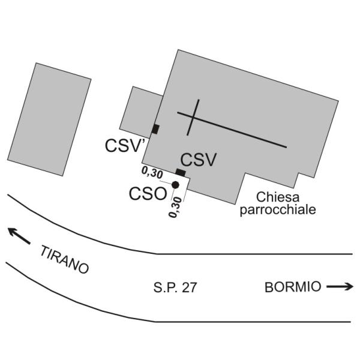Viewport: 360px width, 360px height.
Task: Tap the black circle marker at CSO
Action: coord(175,185)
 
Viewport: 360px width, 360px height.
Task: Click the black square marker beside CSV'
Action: coord(155,129)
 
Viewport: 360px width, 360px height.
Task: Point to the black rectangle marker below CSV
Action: coord(181,173)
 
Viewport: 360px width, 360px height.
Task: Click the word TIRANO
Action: coord(64,259)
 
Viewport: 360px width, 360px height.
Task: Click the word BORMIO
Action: coord(292,287)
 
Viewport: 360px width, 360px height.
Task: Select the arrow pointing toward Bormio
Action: coord(340,287)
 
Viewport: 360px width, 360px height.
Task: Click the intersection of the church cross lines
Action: coord(192,116)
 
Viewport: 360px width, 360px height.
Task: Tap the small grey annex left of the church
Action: coord(140,110)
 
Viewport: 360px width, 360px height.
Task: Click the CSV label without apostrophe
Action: coord(198,160)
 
